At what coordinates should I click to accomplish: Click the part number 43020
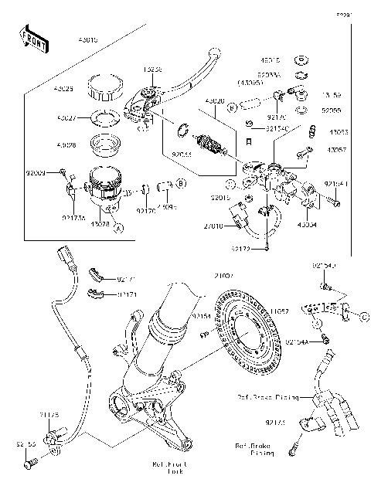click(x=216, y=101)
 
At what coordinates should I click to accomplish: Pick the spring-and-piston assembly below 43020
click(x=210, y=145)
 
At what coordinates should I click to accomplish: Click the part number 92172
click(x=241, y=249)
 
